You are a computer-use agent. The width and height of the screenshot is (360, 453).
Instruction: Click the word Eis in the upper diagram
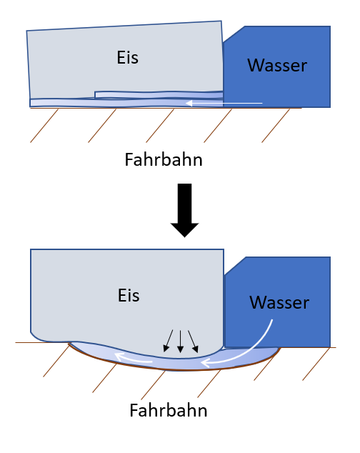click(x=127, y=57)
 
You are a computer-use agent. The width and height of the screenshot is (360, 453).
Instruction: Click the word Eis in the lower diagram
click(x=129, y=295)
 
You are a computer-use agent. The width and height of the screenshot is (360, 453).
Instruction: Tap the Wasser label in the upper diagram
click(x=277, y=65)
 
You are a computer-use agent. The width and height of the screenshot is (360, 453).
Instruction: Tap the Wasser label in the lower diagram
click(x=279, y=302)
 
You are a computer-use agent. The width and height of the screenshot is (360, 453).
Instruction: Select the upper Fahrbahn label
click(x=164, y=159)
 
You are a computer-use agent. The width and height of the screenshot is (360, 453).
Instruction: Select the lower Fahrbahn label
click(x=169, y=410)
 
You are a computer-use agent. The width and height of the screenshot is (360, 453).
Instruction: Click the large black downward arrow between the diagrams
click(x=184, y=210)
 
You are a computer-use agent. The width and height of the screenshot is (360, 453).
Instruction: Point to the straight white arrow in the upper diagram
click(x=224, y=103)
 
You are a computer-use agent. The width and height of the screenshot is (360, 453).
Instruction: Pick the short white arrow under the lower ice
click(x=133, y=359)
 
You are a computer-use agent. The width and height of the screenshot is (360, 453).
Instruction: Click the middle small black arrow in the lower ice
click(x=180, y=342)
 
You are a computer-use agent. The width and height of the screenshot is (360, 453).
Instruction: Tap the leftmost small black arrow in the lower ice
click(x=168, y=341)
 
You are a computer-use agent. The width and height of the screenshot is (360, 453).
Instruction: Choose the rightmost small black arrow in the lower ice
click(x=193, y=342)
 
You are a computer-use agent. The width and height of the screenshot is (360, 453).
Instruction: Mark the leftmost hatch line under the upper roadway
click(x=44, y=126)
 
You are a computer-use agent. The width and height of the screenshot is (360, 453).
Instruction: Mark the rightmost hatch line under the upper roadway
click(x=276, y=126)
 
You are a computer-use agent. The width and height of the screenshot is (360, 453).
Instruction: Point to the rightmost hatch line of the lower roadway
click(x=316, y=364)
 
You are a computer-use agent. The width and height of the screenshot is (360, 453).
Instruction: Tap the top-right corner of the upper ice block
click(x=221, y=21)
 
